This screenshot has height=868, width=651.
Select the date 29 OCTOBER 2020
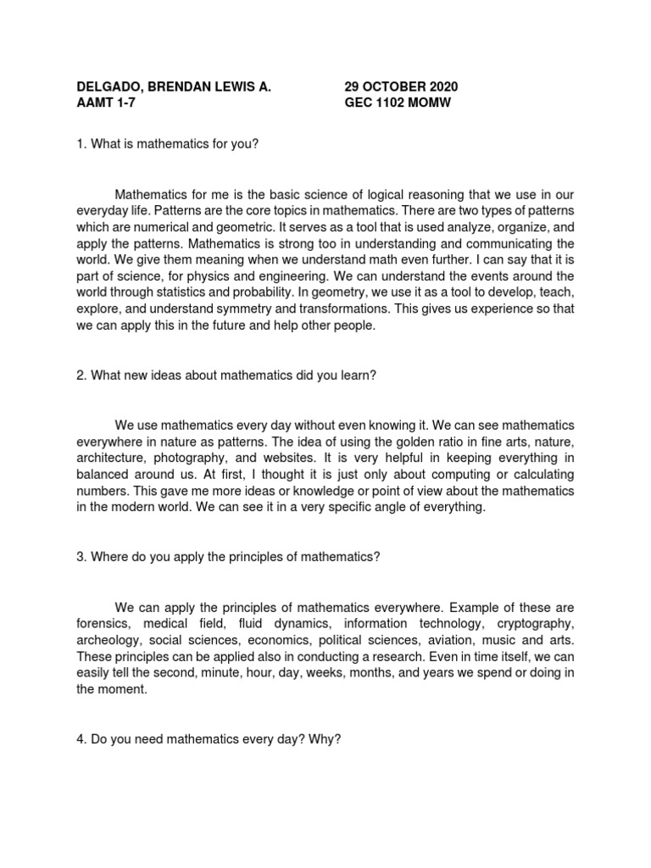401,86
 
